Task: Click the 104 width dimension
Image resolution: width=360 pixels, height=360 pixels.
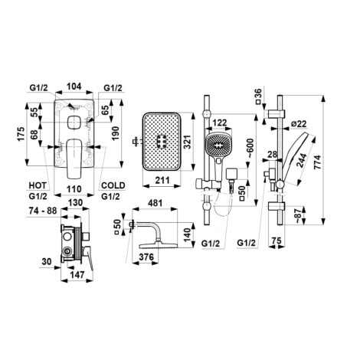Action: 74,87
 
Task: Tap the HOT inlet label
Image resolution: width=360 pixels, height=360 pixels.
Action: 38,185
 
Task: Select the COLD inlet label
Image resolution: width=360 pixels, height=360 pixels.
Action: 113,185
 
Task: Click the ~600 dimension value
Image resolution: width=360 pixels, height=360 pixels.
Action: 250,148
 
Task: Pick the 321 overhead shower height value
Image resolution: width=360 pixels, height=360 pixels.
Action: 188,142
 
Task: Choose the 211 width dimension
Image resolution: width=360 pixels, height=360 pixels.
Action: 162,181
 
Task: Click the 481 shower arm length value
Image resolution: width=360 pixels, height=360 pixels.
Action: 155,203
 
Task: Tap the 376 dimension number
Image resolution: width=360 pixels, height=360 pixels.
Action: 146,257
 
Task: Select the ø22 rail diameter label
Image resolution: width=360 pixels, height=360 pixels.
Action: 299,124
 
